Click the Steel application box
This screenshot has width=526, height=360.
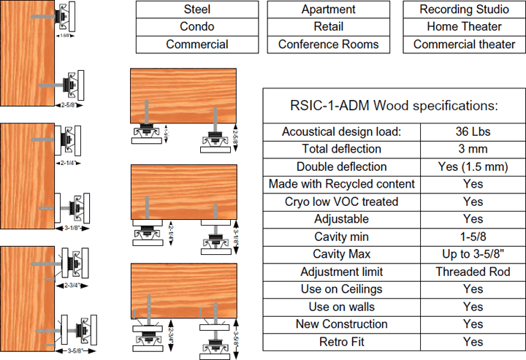point(197,9)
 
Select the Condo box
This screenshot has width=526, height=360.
point(197,27)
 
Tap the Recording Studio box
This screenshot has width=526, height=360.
point(465,9)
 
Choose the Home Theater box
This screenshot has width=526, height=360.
point(465,27)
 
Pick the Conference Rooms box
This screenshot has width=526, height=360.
point(329,45)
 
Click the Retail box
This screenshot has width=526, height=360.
point(329,27)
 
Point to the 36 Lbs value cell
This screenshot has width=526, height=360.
point(473,131)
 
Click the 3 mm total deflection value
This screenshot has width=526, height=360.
point(473,149)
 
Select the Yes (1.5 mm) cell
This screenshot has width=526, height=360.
point(473,166)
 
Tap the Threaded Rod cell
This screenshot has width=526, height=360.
point(473,272)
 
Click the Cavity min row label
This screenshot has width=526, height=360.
point(341,237)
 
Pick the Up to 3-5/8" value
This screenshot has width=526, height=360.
point(473,254)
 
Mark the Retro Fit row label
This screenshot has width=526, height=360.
point(341,342)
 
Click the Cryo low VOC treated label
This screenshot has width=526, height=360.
point(341,202)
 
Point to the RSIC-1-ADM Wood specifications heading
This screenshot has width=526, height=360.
point(394,105)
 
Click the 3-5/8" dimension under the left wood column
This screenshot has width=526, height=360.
point(70,351)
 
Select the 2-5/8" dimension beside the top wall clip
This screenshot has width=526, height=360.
point(69,105)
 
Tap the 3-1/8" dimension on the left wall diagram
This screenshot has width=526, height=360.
point(70,227)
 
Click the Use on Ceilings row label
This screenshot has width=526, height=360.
point(341,289)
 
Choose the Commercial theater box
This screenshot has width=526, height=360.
point(465,45)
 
